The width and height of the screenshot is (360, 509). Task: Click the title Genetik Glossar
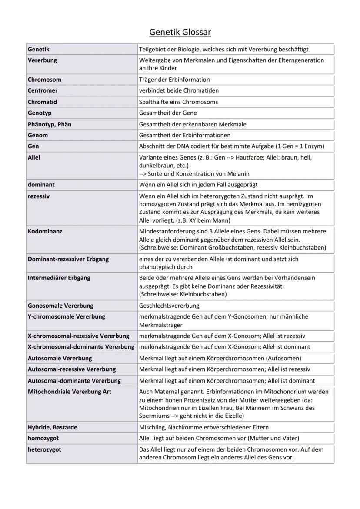[x=180, y=32]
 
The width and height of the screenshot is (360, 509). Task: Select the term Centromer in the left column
[x=43, y=90]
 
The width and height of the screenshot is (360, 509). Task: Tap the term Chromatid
[x=43, y=102]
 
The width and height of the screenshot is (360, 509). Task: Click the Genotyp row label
[x=40, y=113]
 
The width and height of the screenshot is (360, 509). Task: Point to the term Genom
[x=38, y=135]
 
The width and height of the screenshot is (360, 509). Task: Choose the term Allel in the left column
[x=34, y=157]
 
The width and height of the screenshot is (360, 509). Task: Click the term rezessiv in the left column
[x=39, y=196]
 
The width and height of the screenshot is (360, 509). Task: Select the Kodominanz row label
[x=45, y=231]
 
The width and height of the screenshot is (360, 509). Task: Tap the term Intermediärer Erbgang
[x=59, y=278]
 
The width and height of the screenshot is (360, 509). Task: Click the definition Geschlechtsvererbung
[x=169, y=306]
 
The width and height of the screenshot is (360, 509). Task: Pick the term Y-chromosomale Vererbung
[x=67, y=316]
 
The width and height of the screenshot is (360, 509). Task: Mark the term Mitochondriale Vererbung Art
[x=70, y=392]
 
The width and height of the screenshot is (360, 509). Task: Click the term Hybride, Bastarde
[x=53, y=427]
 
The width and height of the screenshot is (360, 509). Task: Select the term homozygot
[x=43, y=438]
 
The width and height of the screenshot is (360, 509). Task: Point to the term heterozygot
[x=44, y=449]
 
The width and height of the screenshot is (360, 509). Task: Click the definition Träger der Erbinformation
[x=174, y=80]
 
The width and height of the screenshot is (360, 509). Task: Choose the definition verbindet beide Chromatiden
[x=179, y=90]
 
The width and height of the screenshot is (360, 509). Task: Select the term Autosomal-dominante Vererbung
[x=74, y=380]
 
